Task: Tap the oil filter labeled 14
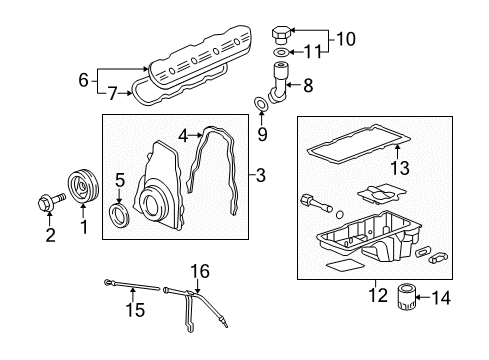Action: [405, 297]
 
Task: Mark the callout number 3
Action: [261, 176]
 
